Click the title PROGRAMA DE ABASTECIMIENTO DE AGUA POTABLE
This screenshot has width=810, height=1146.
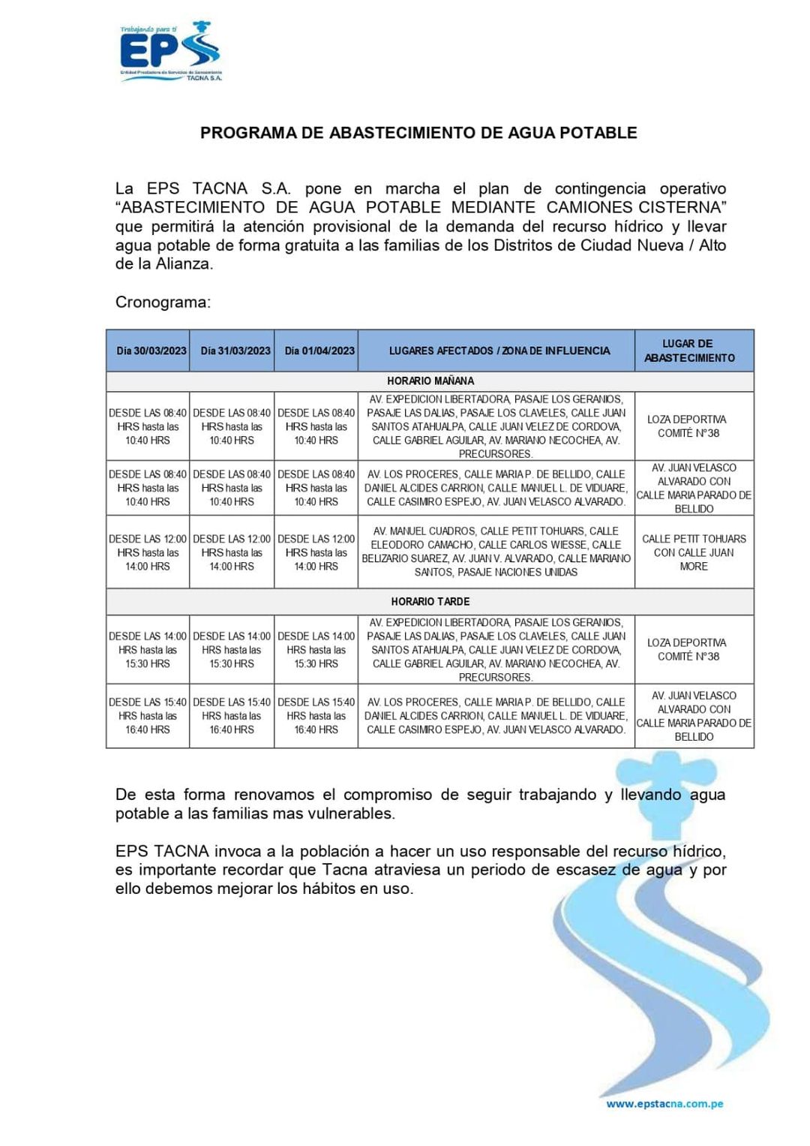(x=418, y=133)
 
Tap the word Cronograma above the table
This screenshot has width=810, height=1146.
(x=163, y=302)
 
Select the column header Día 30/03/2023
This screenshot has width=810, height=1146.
(x=148, y=350)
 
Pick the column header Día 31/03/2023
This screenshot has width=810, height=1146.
(x=232, y=350)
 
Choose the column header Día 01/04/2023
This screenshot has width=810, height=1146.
(x=316, y=350)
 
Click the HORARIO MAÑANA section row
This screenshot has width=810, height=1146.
(x=430, y=381)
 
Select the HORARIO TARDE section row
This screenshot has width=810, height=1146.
(x=430, y=602)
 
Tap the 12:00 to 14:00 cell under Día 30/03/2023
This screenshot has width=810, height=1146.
(x=148, y=553)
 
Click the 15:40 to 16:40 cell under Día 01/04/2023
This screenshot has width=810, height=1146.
(x=316, y=716)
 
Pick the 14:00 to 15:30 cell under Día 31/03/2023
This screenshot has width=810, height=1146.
(x=232, y=650)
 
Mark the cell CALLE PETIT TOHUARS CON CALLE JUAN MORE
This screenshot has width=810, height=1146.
(x=694, y=553)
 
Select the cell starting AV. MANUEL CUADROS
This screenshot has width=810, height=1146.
(x=496, y=552)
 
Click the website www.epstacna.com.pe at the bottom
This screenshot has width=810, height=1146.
(x=664, y=1104)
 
